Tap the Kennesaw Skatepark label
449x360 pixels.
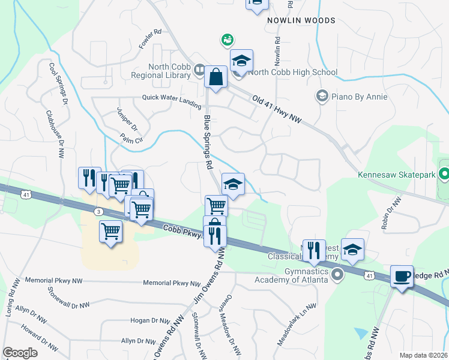pos(396,175)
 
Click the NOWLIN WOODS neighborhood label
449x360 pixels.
pos(301,20)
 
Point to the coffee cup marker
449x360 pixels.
pos(402,277)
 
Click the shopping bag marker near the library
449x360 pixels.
pos(215,77)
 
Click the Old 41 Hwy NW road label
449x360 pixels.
pos(277,109)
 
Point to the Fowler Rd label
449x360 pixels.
pos(149,38)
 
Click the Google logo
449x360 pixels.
pos(20,353)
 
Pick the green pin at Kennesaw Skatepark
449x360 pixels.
pos(444,175)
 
